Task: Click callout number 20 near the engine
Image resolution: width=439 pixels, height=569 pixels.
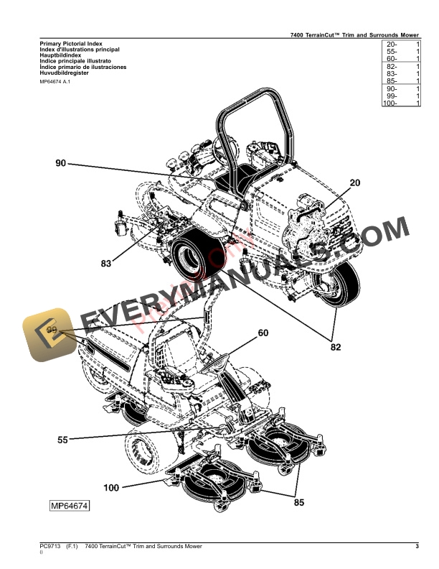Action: pyautogui.click(x=354, y=182)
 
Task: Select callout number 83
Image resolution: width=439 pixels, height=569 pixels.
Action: pyautogui.click(x=106, y=264)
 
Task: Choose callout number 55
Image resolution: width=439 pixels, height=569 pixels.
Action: pyautogui.click(x=62, y=440)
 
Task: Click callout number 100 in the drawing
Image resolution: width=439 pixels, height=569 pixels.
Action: pyautogui.click(x=110, y=488)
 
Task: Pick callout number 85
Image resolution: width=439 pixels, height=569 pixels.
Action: pyautogui.click(x=299, y=502)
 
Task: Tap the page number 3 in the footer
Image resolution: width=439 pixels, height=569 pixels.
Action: pyautogui.click(x=417, y=547)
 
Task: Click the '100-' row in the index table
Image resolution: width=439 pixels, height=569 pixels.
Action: pyautogui.click(x=390, y=103)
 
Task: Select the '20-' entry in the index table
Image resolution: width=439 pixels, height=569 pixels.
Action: pyautogui.click(x=390, y=45)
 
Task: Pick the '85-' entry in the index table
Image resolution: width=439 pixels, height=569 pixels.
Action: pyautogui.click(x=390, y=81)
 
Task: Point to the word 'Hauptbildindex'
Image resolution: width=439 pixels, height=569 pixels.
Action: pyautogui.click(x=60, y=56)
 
